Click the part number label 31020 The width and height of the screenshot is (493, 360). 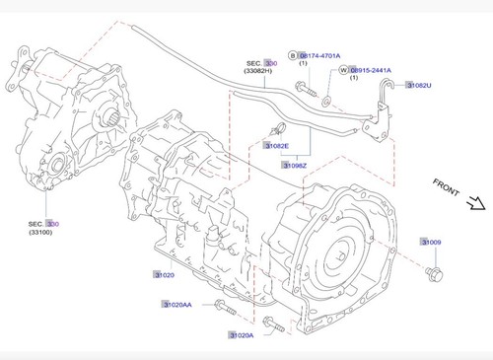pos(163,274)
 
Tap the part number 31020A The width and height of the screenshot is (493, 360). pos(241,335)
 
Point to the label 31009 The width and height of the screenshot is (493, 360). pos(431,242)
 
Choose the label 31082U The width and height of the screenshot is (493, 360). pos(418,86)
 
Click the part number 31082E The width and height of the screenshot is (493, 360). pos(277,145)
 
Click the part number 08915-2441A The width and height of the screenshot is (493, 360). pos(371,71)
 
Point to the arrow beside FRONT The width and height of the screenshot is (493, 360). pos(474,205)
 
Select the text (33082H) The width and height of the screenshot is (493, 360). pos(262,72)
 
